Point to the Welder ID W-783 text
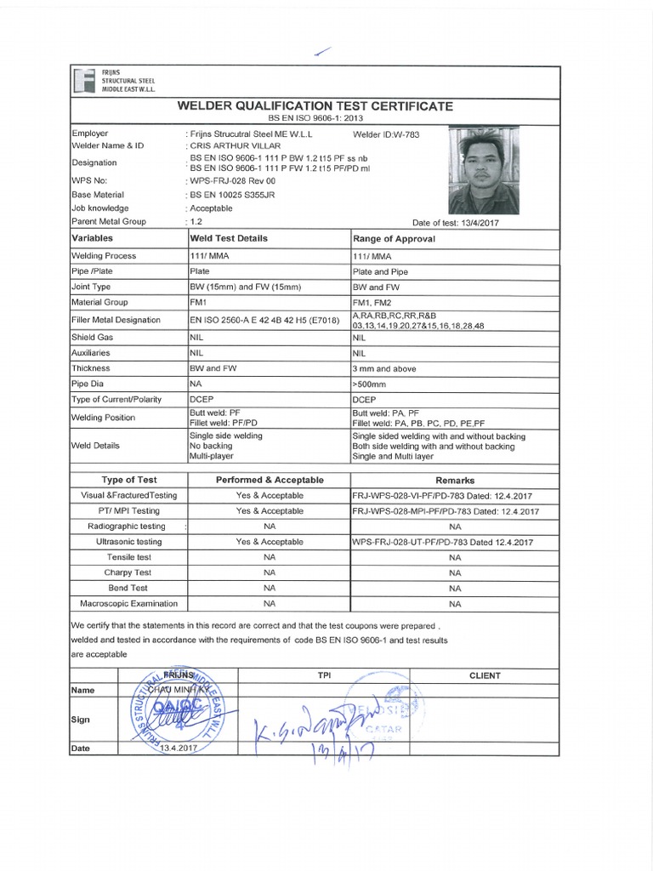tap(386, 134)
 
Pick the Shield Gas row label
tap(93, 337)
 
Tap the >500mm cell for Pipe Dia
tap(367, 384)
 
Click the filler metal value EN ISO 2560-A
tap(264, 320)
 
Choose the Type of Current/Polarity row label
tap(116, 399)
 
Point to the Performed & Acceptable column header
tap(270, 480)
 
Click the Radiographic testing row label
tap(129, 526)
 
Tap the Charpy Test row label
tap(129, 572)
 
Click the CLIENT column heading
tap(485, 675)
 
